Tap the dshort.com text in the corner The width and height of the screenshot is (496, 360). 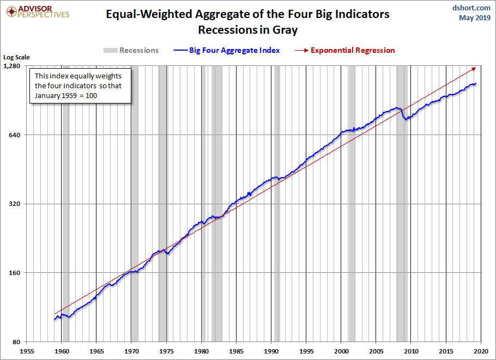coord(472,8)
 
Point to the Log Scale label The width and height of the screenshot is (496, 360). coord(16,57)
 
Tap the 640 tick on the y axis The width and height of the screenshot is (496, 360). coord(15,135)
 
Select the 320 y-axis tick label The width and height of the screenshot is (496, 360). coord(15,204)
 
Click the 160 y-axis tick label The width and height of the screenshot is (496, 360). coord(15,273)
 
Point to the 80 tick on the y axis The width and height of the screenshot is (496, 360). coord(16,341)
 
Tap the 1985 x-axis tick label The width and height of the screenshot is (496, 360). coord(237,351)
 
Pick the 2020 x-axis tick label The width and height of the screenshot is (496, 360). coord(481,351)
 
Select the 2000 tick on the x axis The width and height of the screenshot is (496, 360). coord(341,351)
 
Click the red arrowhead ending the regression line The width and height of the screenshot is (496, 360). coord(474,69)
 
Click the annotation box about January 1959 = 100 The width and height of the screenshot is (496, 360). coord(78,86)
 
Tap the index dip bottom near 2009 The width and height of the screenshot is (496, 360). coord(406,118)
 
